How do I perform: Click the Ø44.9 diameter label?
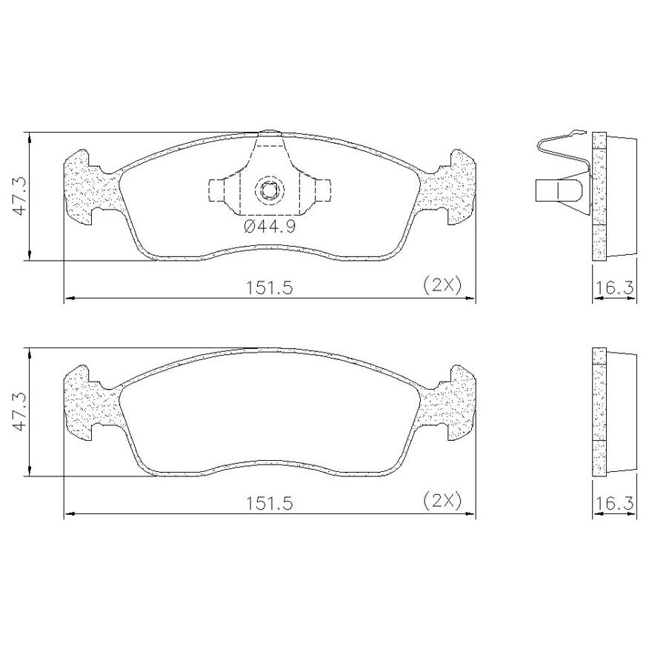(x=270, y=227)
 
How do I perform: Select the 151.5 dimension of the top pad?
(x=270, y=287)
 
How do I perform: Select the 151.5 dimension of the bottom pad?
(x=270, y=503)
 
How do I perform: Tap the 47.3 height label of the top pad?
(x=19, y=196)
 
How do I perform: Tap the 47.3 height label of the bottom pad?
(x=19, y=412)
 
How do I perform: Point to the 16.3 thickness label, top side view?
(x=614, y=287)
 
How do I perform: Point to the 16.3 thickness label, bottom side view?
(x=614, y=503)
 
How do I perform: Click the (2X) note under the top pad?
(x=442, y=284)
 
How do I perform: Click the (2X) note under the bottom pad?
(x=442, y=502)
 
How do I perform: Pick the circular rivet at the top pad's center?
(x=270, y=191)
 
